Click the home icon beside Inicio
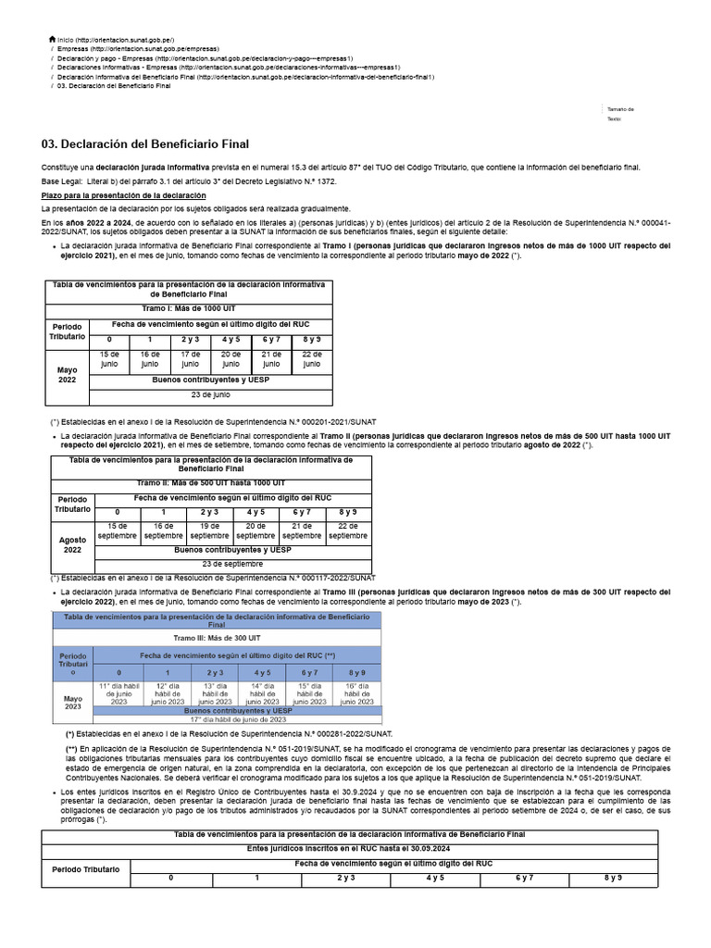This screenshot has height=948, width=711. [52, 40]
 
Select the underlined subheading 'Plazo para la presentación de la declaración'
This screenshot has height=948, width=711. [123, 196]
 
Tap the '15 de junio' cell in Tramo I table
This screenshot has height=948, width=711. [109, 360]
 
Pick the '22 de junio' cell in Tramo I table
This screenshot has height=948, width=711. [312, 360]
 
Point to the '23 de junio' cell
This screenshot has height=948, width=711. [210, 395]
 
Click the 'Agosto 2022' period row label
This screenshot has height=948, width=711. [72, 544]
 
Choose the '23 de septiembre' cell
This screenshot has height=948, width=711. [232, 564]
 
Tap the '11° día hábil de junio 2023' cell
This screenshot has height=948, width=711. [118, 693]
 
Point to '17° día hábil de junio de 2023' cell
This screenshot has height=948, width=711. [238, 718]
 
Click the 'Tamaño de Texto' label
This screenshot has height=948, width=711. [619, 114]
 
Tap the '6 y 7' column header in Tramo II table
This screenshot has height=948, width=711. [302, 512]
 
